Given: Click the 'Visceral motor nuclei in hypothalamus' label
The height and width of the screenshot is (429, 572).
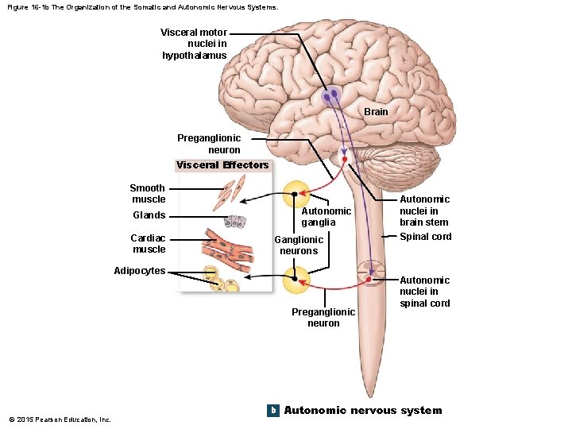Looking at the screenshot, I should (x=194, y=44).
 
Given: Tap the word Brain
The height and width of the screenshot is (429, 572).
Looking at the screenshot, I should (x=376, y=112).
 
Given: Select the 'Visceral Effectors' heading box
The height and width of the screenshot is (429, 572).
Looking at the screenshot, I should (x=222, y=165).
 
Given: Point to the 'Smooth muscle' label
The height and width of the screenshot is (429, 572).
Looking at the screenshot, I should (x=148, y=194).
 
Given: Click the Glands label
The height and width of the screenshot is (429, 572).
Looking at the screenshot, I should (x=149, y=215).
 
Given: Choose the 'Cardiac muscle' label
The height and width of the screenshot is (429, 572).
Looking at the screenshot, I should (x=149, y=244).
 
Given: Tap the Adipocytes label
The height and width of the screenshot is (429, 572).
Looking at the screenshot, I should (x=139, y=271).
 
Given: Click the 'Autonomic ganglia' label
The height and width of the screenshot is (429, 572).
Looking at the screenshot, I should (x=326, y=217).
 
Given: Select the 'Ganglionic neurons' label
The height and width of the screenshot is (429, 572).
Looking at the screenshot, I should (x=299, y=245).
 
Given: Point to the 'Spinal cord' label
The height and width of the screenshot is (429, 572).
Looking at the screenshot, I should (x=425, y=237).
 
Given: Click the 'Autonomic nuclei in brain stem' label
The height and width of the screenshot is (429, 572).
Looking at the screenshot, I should (x=423, y=211).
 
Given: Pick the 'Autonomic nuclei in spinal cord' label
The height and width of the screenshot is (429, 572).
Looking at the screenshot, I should (x=424, y=292).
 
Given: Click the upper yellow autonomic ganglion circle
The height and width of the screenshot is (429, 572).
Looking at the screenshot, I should (x=296, y=194).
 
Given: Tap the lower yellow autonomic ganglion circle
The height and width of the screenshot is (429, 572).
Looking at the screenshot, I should (x=296, y=280).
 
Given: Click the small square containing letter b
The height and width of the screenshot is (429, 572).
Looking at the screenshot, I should (x=272, y=411).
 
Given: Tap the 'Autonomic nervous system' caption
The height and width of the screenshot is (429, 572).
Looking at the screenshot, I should (x=362, y=411).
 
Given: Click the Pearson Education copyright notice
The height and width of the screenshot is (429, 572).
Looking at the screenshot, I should (x=60, y=419).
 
